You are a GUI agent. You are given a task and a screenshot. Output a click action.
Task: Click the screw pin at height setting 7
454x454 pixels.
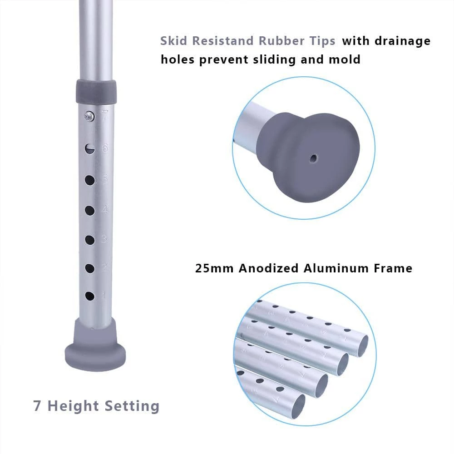[89, 116]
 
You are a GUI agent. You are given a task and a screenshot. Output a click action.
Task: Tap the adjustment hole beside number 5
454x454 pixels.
[90, 180]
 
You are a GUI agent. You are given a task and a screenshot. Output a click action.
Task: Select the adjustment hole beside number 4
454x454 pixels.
[90, 211]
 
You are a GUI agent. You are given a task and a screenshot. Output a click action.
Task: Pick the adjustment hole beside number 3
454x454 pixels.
[90, 240]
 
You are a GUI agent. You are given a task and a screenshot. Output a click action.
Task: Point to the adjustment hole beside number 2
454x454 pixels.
[90, 268]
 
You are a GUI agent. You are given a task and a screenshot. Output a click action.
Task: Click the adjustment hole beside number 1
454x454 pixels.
[89, 296]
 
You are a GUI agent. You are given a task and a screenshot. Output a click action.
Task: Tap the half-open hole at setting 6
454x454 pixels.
[90, 149]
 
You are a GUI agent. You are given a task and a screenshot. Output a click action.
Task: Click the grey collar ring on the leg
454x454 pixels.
[96, 92]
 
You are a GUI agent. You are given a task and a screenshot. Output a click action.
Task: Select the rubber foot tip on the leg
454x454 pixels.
[95, 345]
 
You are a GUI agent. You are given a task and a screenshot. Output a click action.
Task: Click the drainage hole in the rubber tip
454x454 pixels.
[313, 158]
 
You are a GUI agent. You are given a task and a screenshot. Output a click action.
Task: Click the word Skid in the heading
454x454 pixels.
[174, 41]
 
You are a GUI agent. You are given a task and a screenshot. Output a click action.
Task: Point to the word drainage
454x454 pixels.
[402, 41]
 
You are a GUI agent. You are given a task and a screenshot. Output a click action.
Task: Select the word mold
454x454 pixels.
[345, 59]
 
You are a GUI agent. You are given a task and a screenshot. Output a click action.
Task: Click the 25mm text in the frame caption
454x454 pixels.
[214, 268]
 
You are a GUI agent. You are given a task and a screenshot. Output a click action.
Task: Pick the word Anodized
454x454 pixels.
[268, 268]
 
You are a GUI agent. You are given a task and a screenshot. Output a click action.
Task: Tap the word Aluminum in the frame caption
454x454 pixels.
[336, 268]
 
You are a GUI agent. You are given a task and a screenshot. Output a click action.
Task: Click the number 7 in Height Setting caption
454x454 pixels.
[37, 405]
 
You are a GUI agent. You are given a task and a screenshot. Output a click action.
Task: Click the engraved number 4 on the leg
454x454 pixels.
[105, 209]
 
